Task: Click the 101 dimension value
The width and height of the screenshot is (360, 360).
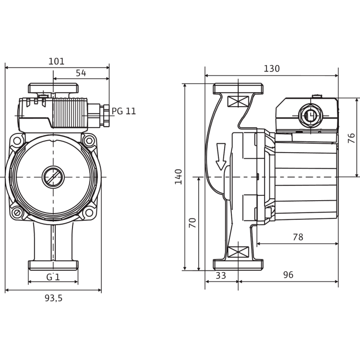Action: click(x=57, y=61)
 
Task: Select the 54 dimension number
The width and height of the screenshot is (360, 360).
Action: click(x=81, y=73)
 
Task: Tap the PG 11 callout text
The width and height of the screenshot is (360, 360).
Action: click(x=124, y=111)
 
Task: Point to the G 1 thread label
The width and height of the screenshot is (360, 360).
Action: click(x=53, y=277)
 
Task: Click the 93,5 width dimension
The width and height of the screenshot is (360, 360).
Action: click(x=53, y=298)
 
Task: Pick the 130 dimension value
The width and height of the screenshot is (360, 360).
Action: click(x=272, y=69)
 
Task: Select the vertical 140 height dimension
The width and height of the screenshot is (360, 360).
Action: click(x=179, y=177)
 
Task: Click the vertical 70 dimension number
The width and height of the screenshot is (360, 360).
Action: click(x=192, y=223)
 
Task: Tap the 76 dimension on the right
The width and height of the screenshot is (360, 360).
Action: click(x=351, y=138)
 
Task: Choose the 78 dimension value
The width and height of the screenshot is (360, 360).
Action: click(x=298, y=237)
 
